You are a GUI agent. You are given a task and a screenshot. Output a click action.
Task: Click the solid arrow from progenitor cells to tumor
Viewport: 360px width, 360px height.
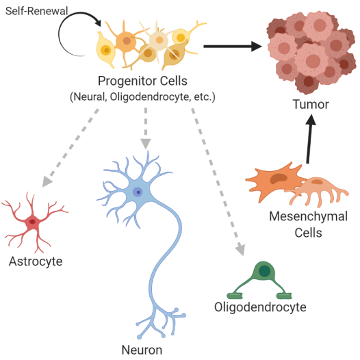coord(233,46)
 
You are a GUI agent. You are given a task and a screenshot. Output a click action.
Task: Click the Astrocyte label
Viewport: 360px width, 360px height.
coord(36,261)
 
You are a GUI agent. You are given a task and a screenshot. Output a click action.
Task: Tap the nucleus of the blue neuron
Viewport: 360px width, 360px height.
coord(138,193)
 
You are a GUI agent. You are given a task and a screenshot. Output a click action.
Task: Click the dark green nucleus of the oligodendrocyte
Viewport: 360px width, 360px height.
coord(263,270)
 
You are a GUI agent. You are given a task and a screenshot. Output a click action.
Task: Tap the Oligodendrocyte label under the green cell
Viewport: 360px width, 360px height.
coord(260,307)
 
